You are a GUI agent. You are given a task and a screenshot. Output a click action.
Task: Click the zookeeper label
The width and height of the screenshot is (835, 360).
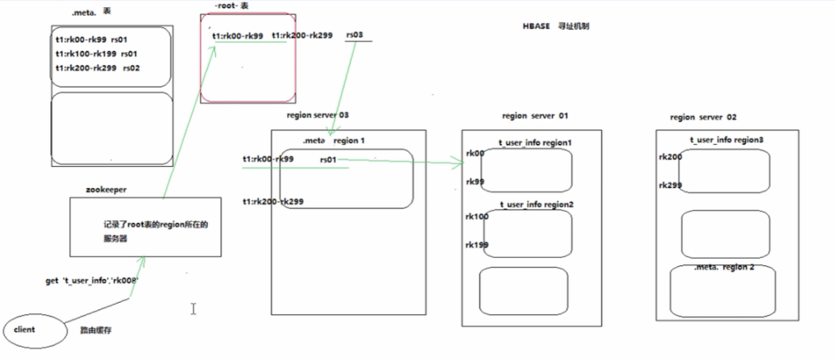[x=105, y=189]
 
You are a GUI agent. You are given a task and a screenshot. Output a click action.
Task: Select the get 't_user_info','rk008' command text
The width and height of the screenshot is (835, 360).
[x=92, y=281]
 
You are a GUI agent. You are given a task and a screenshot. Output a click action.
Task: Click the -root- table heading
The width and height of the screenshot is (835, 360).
[x=230, y=6]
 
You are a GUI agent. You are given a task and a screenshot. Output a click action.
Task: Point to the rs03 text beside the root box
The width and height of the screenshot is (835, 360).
[x=356, y=35]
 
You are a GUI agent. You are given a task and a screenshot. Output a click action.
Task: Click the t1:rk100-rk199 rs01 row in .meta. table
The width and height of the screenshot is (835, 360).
[x=97, y=53]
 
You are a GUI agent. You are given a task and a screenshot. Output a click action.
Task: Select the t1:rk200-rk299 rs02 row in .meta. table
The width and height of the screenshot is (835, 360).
[x=97, y=68]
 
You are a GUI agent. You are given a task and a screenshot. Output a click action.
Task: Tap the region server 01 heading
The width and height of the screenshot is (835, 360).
[x=535, y=116]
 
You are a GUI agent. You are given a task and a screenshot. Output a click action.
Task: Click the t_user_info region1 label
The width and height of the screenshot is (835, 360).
[x=535, y=142]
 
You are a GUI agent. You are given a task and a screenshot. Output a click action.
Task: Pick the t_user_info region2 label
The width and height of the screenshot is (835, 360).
[x=536, y=205]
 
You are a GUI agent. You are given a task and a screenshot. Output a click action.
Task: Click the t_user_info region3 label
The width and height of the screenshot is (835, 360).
[x=727, y=140]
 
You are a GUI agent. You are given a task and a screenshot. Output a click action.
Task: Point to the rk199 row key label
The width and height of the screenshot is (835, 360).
[x=476, y=244]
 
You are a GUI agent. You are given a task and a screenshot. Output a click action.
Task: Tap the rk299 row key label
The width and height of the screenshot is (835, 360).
[x=669, y=185]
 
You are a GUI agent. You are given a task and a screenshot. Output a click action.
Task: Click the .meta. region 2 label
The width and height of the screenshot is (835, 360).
[x=724, y=268]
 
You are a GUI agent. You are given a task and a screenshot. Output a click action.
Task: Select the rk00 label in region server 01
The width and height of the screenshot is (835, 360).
[x=474, y=153]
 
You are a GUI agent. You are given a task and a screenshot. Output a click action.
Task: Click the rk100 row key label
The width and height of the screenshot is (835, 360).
[x=476, y=217]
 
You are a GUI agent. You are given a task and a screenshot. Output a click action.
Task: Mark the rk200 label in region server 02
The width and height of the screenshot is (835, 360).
[x=669, y=156]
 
